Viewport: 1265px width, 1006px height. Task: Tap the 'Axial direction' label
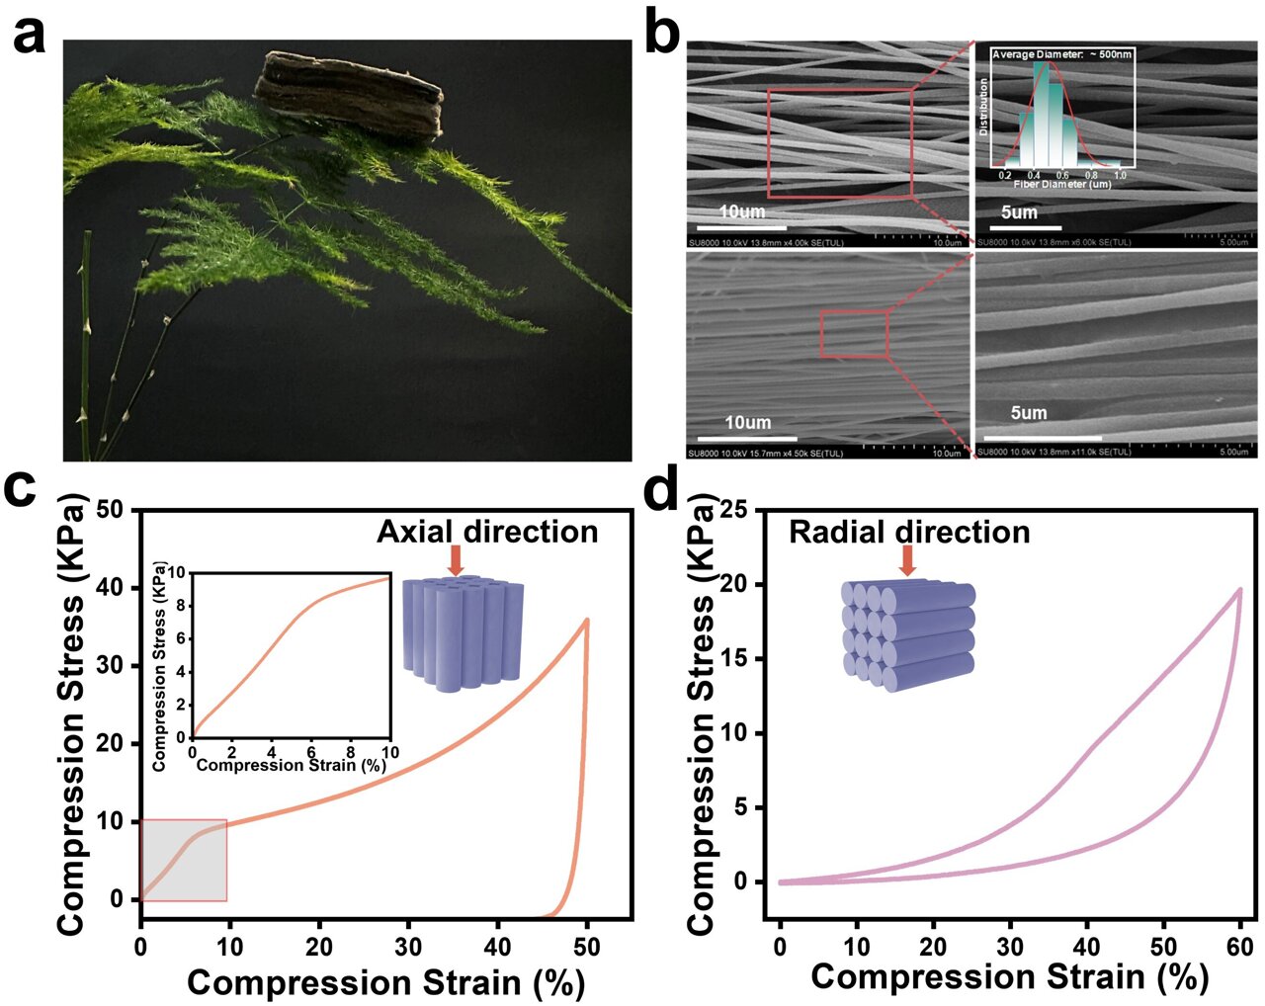487,532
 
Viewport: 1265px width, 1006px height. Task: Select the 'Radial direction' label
908,532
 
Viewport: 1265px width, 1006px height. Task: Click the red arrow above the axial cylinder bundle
456,559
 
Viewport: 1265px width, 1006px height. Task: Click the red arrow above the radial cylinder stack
907,560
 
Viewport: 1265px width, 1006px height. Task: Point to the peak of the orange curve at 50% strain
587,621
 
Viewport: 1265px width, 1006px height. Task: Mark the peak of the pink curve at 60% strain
1239,590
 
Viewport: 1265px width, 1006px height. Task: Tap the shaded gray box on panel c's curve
184,860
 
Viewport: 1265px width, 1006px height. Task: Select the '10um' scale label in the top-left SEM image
741,211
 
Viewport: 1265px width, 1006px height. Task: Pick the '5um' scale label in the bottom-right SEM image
1028,413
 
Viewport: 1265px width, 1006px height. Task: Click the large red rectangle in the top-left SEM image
839,143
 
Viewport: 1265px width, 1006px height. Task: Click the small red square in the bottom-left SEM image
854,333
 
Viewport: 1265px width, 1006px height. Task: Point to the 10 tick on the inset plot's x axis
389,753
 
